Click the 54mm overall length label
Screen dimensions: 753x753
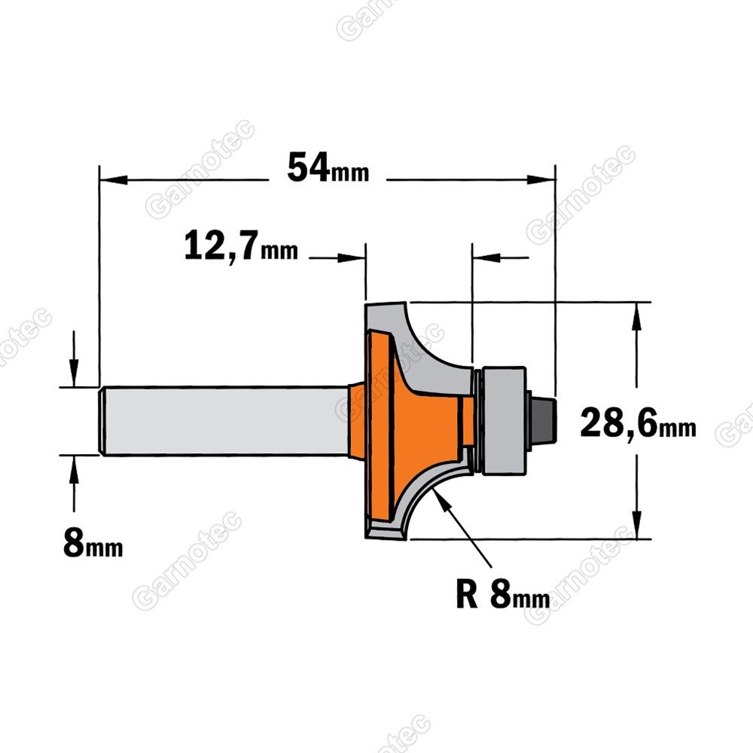[328, 168]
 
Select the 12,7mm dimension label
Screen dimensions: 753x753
[241, 245]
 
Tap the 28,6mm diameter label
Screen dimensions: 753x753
[638, 423]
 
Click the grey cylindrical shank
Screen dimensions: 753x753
[224, 420]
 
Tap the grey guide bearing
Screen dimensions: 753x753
[504, 421]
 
